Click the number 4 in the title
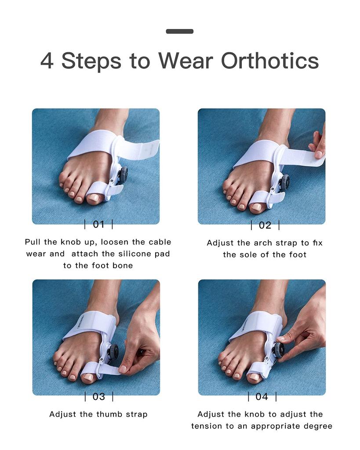[47, 61]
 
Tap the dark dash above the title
[180, 31]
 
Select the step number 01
[98, 224]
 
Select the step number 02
[265, 225]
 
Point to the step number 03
[98, 396]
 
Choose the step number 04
[262, 396]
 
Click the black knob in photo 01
[123, 174]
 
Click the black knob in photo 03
[114, 352]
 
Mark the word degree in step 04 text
[318, 426]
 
